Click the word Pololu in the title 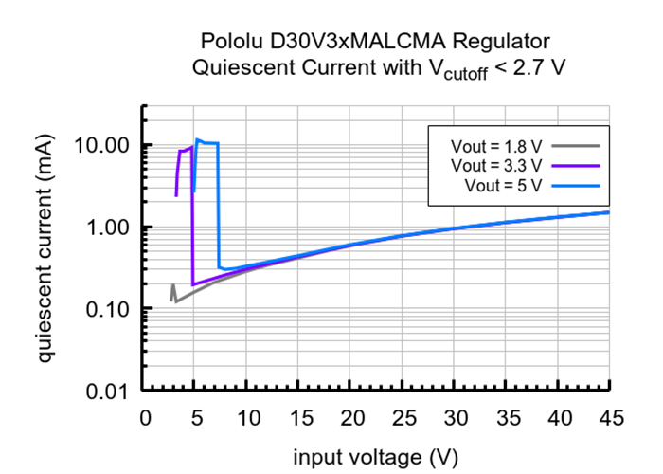pos(232,42)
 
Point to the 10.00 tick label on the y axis pos(103,146)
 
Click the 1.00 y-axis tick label pos(108,228)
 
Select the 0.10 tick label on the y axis pos(108,310)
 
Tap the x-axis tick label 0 pos(144,418)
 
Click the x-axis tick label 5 pos(196,418)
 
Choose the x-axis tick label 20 pos(350,418)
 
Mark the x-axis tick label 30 pos(455,418)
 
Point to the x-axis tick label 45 pos(609,418)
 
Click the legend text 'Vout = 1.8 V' pos(496,147)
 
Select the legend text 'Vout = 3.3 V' pos(496,165)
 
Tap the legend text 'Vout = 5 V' pos(503,184)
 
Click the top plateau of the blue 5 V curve pos(207,143)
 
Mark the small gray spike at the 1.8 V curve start pos(173,286)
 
